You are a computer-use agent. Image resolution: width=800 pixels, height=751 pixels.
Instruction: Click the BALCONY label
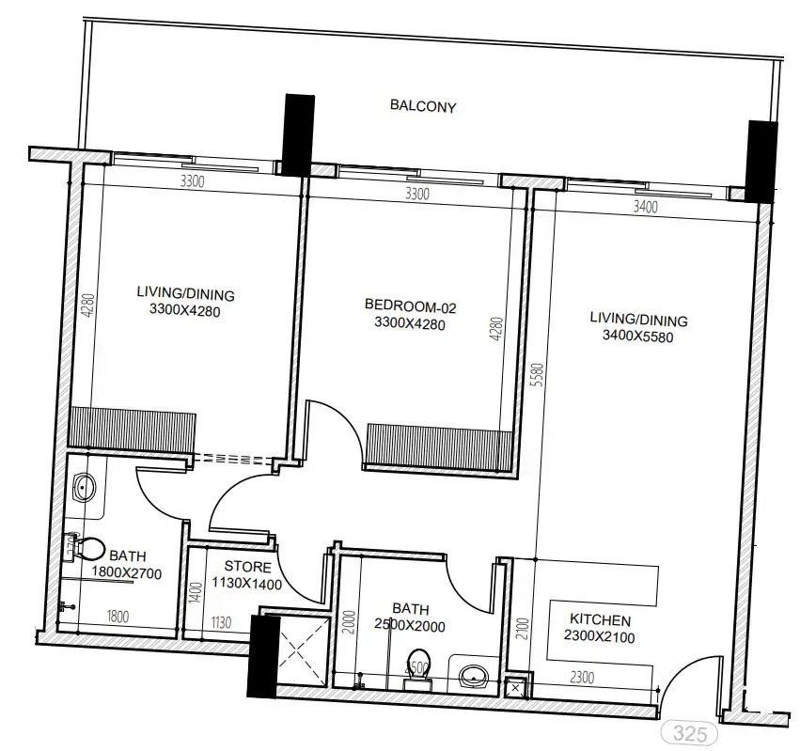coord(423,106)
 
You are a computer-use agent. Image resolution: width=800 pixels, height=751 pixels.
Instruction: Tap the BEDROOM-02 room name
coord(410,305)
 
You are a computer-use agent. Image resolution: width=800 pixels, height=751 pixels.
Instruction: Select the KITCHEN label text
coord(600,620)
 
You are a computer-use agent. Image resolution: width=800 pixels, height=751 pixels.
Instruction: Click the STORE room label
coord(248,567)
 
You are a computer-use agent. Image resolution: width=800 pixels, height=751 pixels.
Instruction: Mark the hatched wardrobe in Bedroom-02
coord(439,444)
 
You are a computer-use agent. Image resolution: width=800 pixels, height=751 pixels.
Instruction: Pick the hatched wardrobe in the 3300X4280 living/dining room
coord(132,427)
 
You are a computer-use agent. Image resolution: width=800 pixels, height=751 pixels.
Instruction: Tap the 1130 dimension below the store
coord(218,620)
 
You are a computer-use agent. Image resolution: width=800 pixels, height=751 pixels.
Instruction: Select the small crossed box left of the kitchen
coord(514,688)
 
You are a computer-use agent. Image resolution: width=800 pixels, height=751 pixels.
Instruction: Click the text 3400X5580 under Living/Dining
coord(638,335)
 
